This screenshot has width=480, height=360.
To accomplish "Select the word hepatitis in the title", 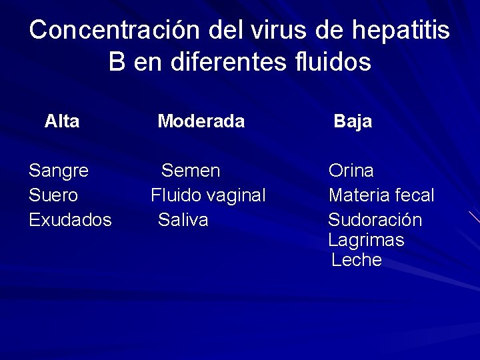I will [393, 30].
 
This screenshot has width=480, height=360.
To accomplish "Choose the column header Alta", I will [62, 121].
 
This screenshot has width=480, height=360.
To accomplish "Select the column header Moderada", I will [201, 121].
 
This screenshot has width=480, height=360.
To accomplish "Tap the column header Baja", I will [353, 121].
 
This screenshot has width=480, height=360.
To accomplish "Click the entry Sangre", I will [59, 171].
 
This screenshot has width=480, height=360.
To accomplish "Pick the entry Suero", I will [53, 195].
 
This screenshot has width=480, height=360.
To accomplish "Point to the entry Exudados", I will [70, 220].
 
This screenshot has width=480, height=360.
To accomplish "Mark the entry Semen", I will [191, 171].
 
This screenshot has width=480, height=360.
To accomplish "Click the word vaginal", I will [235, 195].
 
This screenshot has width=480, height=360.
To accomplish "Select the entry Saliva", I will [183, 220].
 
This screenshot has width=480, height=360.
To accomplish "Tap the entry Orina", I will [351, 171].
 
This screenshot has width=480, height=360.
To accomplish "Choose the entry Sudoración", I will [375, 220].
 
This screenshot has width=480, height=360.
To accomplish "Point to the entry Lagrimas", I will [366, 240].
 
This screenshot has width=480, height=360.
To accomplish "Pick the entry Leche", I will [357, 260].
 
